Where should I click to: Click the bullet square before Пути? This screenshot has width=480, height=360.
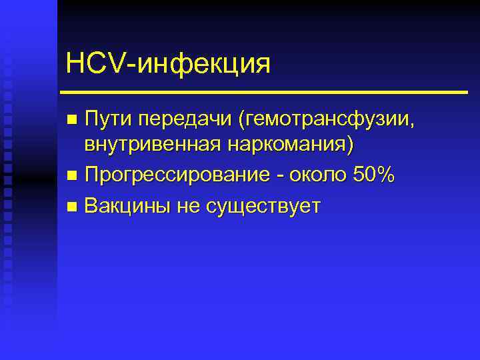pyautogui.click(x=73, y=121)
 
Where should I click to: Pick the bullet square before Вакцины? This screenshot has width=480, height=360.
pyautogui.click(x=73, y=206)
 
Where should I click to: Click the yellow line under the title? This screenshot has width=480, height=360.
pyautogui.click(x=263, y=91)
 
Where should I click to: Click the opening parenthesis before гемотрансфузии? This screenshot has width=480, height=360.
pyautogui.click(x=249, y=121)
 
